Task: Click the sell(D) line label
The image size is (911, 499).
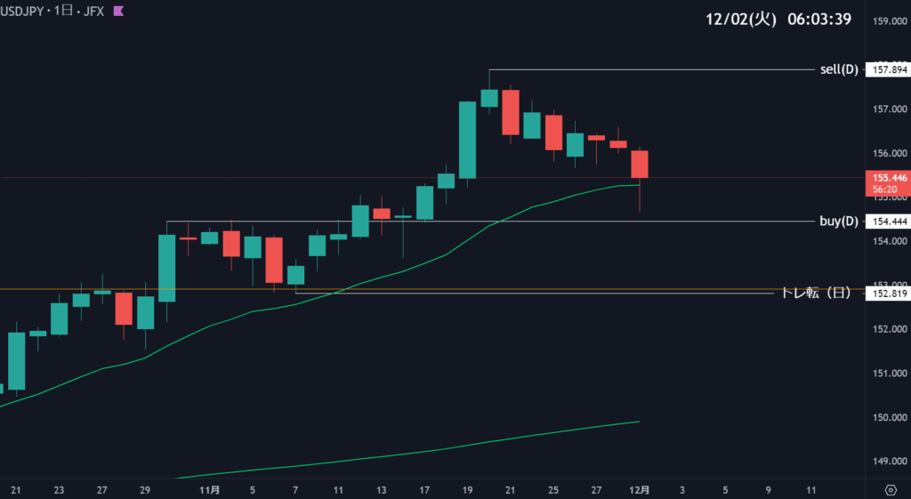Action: click(838, 69)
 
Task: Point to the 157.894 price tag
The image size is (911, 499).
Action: click(885, 69)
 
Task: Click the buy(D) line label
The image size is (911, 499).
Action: click(838, 221)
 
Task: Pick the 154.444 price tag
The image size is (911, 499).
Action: click(885, 221)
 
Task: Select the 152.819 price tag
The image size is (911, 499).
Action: click(885, 293)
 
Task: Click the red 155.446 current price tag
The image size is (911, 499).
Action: click(885, 179)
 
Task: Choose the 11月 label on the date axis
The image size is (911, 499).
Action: click(210, 489)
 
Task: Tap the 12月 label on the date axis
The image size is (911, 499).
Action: click(639, 489)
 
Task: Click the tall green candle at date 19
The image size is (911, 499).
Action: click(468, 140)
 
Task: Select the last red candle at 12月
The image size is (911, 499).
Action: click(640, 165)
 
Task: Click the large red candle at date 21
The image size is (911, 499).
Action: click(511, 112)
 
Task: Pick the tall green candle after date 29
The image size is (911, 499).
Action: click(167, 268)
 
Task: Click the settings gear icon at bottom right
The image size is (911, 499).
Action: click(891, 489)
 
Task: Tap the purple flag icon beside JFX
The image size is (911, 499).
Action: click(118, 12)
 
